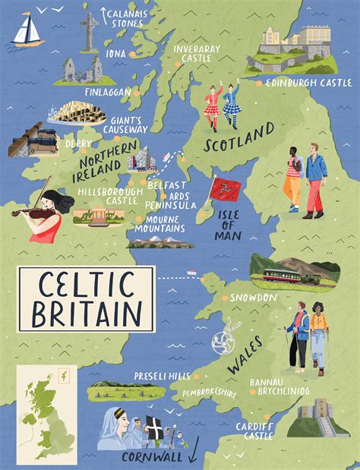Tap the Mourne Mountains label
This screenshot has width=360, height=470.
(159, 223)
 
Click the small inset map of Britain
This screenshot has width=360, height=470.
(42, 406)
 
